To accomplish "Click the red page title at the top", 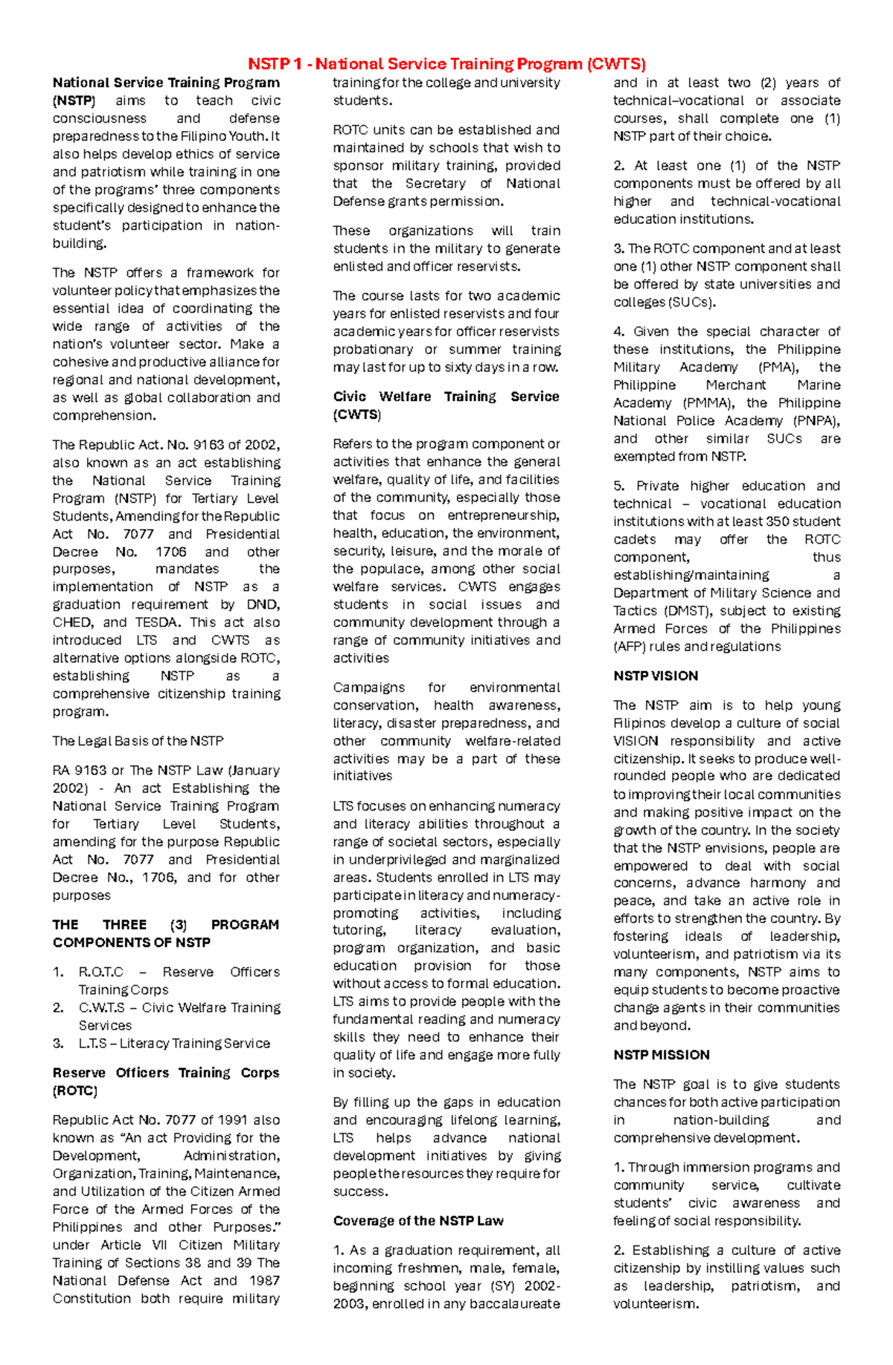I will point(446,64).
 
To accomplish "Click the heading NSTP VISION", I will point(656,675).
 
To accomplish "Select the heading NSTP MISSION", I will point(661,1055).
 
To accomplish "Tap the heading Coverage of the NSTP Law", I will point(418,1221).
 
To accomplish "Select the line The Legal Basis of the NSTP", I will point(138,741).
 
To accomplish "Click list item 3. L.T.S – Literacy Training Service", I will point(161,1043).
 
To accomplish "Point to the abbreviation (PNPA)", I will point(816,420).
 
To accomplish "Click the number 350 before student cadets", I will point(778,521).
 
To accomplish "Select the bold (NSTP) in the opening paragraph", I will point(74,100).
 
